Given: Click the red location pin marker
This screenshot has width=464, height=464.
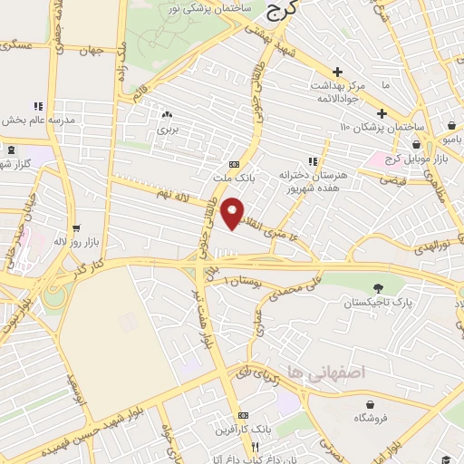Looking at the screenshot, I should pos(235,212).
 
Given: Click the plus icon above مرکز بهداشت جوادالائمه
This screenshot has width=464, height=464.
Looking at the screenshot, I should pos(337,72).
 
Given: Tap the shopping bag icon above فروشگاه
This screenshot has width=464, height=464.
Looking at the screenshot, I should pos(372,404).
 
